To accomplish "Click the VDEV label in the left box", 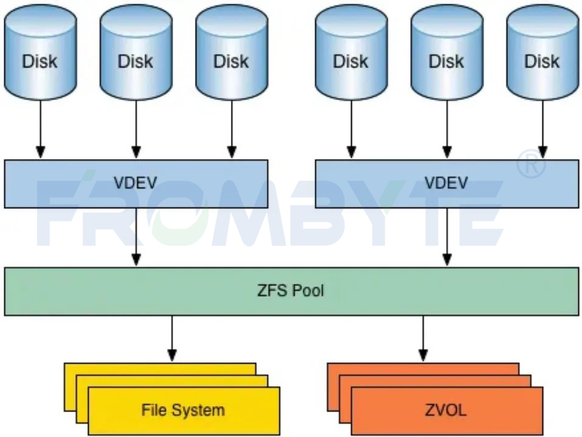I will [136, 183].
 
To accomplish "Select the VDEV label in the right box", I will [447, 183].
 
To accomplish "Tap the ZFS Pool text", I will [290, 291].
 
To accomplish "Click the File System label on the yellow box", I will [183, 410].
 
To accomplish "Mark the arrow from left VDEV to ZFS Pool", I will [136, 237].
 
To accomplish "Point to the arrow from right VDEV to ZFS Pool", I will [447, 237].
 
